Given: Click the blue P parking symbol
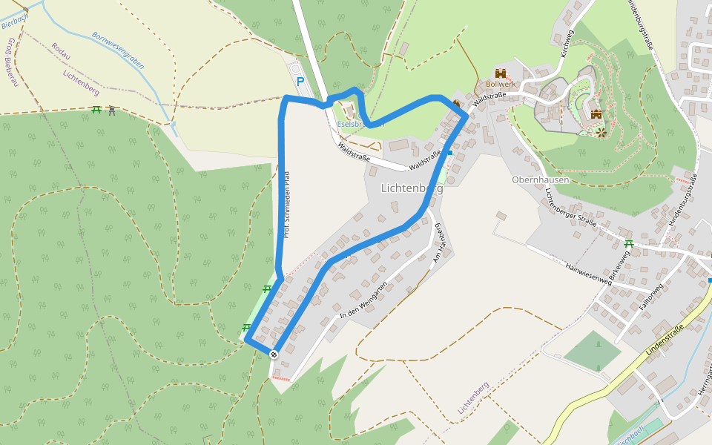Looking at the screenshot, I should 300,82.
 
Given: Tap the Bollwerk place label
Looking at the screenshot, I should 501,85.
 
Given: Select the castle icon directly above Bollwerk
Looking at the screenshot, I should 501,73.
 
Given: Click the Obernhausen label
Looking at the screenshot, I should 540,179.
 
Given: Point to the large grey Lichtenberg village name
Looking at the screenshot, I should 412,188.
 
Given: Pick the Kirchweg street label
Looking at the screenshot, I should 567,44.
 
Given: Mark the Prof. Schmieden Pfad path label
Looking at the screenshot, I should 286,204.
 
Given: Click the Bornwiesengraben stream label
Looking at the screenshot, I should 118,50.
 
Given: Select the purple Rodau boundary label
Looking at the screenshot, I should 61,50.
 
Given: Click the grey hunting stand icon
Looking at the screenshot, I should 111,111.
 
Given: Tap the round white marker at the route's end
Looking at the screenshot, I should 274,354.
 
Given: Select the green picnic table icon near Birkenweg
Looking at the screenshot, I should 629,243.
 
